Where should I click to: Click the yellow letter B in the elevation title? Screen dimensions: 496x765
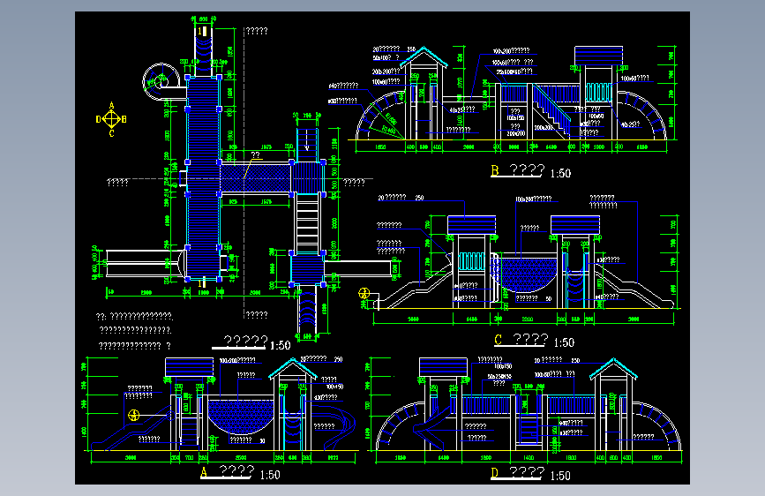496,171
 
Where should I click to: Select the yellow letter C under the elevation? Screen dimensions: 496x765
499,341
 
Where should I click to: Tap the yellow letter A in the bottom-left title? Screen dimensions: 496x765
205,473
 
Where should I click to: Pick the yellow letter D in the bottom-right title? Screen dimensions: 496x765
495,474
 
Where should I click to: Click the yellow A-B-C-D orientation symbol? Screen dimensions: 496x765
111,119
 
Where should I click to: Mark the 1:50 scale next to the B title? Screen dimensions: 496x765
559,173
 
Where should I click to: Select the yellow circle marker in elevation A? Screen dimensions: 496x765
133,415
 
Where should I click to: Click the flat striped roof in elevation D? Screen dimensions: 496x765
441,366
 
